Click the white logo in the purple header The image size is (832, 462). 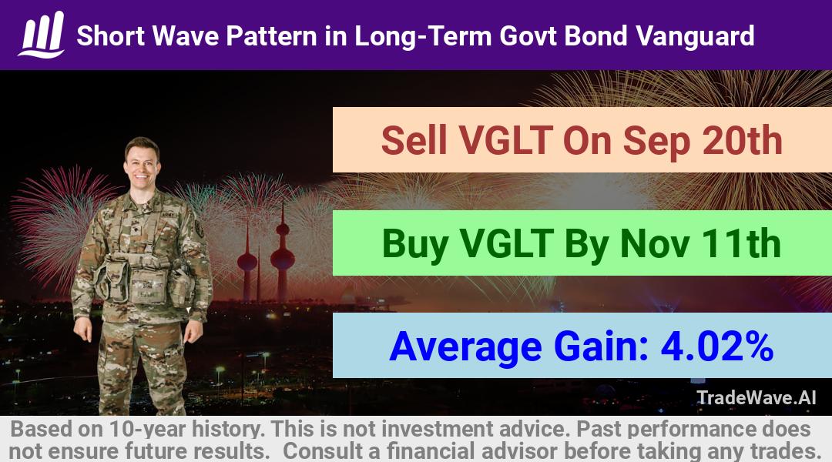tap(42, 35)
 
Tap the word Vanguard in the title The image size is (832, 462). tap(695, 37)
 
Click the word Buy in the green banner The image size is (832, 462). tap(415, 245)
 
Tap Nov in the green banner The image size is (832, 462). tap(656, 244)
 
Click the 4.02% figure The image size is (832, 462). tap(716, 347)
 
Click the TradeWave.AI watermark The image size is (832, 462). tap(757, 398)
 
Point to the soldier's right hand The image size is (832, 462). tap(83, 330)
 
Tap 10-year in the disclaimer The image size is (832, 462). tap(146, 430)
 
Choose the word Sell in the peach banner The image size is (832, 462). tap(414, 141)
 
